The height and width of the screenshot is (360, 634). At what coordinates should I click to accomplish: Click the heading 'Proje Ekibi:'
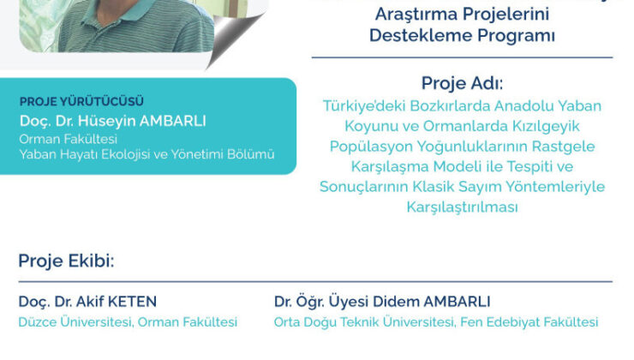click(x=65, y=261)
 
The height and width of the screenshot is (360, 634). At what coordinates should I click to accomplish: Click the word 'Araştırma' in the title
click(x=407, y=15)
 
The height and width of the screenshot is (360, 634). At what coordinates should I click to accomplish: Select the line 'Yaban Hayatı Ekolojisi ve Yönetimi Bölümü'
click(x=147, y=154)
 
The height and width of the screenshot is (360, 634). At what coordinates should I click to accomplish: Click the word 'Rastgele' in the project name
click(x=565, y=146)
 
